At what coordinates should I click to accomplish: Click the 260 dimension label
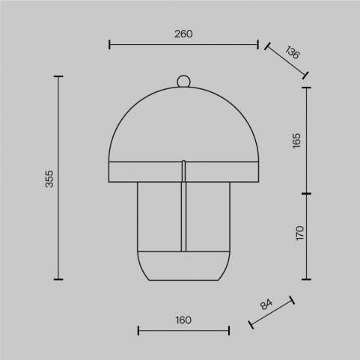[x=183, y=34]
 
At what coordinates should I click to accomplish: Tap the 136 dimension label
[x=292, y=52]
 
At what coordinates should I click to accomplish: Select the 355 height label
[x=49, y=179]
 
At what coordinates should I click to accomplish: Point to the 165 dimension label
[x=296, y=141]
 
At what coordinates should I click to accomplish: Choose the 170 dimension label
[x=299, y=233]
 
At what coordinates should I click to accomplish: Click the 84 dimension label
[x=266, y=305]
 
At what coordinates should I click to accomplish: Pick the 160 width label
[x=183, y=320]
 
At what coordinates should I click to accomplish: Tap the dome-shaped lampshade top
[x=183, y=88]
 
